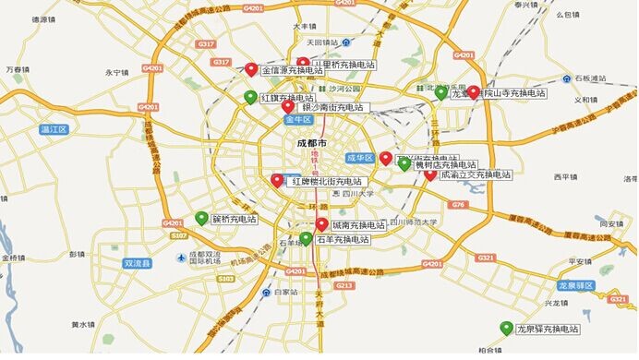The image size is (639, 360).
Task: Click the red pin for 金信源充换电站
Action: tap(251, 68)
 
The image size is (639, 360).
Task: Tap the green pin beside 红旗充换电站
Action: tap(249, 97)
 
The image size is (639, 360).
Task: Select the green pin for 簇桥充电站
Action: tap(201, 218)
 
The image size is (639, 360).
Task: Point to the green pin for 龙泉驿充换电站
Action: tap(506, 328)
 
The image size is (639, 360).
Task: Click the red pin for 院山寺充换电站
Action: tap(473, 92)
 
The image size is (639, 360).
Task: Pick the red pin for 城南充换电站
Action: tap(321, 224)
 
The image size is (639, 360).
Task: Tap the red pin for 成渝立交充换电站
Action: tap(429, 174)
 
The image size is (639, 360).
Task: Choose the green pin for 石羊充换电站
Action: tap(306, 238)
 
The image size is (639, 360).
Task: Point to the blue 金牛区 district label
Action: tap(299, 120)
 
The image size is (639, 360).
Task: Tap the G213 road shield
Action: tap(344, 286)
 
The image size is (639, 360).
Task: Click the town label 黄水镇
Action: tap(83, 325)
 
